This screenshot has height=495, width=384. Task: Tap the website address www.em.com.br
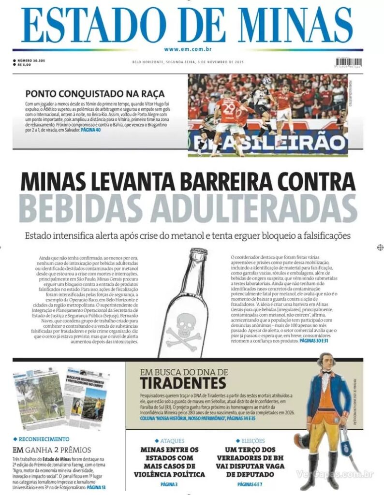[188, 49]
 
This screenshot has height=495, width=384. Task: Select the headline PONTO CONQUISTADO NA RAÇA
[95, 93]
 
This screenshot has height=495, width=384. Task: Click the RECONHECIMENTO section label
[44, 439]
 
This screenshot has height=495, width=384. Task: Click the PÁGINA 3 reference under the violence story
[169, 484]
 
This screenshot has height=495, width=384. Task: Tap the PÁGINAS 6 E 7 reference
[250, 484]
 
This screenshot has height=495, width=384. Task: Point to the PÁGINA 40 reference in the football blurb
[91, 131]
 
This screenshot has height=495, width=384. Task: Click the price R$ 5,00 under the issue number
[24, 65]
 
